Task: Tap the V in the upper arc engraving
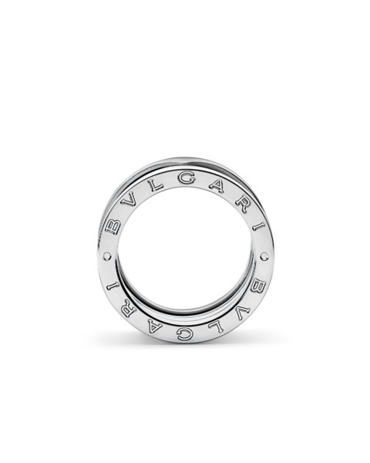pyautogui.click(x=129, y=201)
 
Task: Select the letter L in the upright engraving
pyautogui.click(x=156, y=185)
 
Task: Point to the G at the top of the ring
pyautogui.click(x=187, y=179)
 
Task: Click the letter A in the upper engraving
pyautogui.click(x=220, y=186)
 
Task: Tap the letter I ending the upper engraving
pyautogui.click(x=258, y=228)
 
